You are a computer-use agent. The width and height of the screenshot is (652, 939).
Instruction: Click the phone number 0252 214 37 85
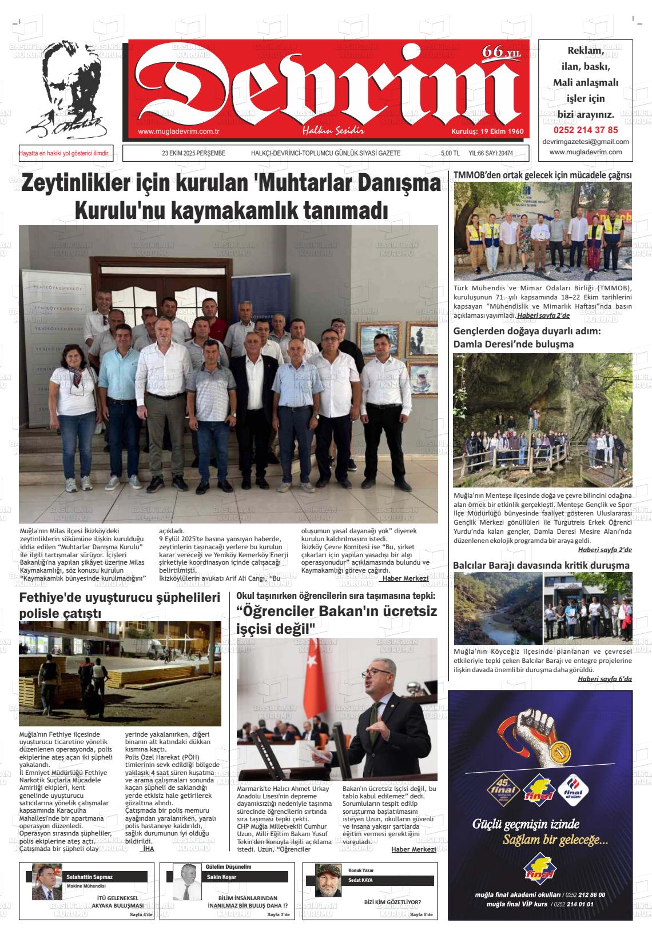[585, 130]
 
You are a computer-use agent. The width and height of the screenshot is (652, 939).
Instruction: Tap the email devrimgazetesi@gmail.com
[585, 142]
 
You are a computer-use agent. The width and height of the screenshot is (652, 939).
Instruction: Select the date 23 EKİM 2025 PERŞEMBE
[193, 153]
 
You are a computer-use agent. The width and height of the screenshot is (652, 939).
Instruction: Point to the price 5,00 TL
[450, 153]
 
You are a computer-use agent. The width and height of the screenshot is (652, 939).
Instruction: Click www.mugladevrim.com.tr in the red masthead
[179, 131]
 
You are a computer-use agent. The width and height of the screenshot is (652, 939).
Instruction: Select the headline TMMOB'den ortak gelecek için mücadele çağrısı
[542, 175]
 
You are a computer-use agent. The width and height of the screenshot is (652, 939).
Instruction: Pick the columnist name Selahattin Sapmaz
[90, 877]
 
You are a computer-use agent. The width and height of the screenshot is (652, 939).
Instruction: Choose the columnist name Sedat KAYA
[360, 880]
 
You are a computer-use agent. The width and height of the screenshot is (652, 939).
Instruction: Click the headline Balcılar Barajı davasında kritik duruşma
[541, 565]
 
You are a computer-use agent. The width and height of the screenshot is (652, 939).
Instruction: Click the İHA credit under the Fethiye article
[148, 849]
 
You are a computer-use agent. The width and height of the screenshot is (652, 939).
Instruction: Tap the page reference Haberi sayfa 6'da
[605, 678]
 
